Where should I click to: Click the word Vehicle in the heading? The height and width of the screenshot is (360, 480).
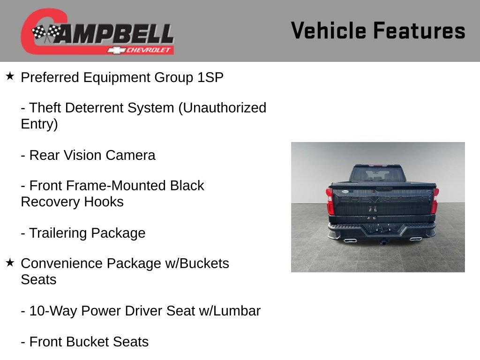(x=328, y=31)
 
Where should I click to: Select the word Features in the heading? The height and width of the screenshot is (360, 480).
(x=419, y=31)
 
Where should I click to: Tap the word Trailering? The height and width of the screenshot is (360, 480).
(x=58, y=233)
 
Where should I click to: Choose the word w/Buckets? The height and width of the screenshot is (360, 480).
(x=197, y=263)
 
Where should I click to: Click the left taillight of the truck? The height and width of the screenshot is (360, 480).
(x=330, y=201)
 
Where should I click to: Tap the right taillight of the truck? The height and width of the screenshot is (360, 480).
(x=435, y=201)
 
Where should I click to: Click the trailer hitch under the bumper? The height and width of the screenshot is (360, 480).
(x=382, y=242)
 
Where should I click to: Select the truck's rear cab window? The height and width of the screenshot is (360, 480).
(x=378, y=175)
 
